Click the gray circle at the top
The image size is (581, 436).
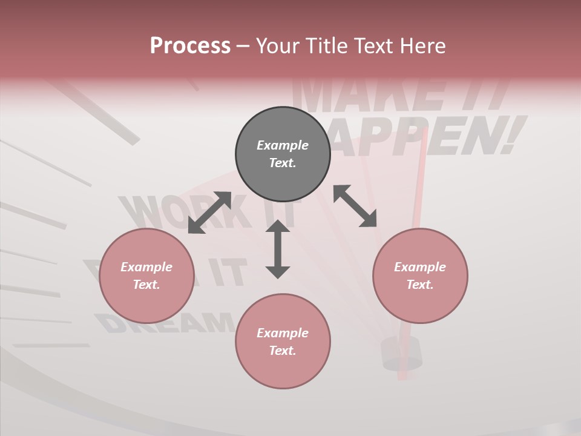point(283,154)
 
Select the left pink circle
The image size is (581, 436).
point(146,276)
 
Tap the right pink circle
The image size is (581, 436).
point(420,276)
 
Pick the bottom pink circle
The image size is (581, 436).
point(283,342)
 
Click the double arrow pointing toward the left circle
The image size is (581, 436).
point(209,213)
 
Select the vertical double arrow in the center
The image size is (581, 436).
point(278,249)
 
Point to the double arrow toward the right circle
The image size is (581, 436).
point(355,206)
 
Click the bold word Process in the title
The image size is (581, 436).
point(190,45)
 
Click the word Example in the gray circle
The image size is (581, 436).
point(283,145)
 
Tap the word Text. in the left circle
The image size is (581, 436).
point(146,285)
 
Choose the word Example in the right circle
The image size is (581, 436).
point(420,267)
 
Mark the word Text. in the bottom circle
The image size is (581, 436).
point(283,351)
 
